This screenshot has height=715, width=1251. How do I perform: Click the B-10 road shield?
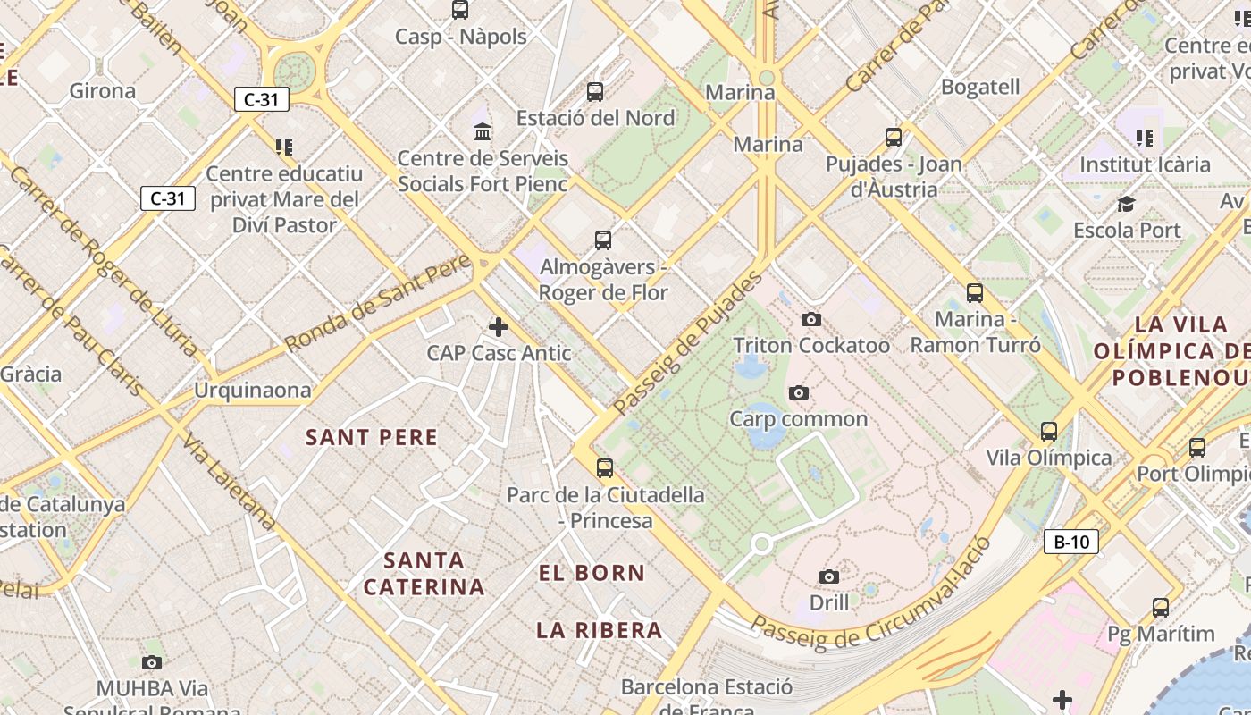[x=1070, y=542]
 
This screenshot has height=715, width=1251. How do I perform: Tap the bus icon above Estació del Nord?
[x=595, y=91]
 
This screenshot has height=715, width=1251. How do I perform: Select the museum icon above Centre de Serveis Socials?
[x=483, y=132]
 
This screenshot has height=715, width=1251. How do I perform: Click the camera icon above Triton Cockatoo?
[x=811, y=319]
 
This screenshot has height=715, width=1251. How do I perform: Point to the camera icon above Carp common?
[x=799, y=392]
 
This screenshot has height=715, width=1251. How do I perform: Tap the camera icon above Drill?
[x=829, y=576]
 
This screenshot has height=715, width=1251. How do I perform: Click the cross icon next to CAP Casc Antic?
[x=499, y=327]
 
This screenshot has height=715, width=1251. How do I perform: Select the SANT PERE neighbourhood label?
[x=372, y=437]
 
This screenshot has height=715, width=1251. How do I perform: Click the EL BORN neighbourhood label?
[x=592, y=573]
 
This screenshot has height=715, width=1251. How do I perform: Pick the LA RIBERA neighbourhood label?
[x=600, y=630]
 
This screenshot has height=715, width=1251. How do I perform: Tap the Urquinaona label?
[x=253, y=390]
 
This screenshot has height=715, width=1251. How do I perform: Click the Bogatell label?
[x=980, y=87]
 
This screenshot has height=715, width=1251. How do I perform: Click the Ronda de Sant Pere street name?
[x=378, y=303]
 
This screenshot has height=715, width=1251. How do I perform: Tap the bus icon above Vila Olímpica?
[x=1049, y=432]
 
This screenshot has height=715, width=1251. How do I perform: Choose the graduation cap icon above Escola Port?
[x=1126, y=204]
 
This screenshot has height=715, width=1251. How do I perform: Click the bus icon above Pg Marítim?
[x=1161, y=608]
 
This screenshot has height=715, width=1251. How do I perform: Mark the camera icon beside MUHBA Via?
[x=152, y=662]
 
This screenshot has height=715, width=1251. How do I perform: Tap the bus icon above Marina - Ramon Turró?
[x=975, y=292]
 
